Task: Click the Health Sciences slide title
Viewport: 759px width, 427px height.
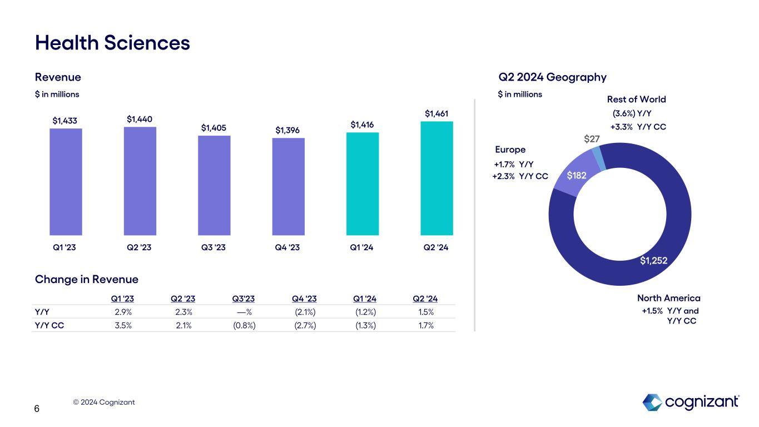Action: (112, 42)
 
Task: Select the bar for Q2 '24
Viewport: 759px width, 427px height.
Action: (436, 178)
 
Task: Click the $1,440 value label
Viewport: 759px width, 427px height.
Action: (140, 119)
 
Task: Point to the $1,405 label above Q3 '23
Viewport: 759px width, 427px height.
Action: (214, 128)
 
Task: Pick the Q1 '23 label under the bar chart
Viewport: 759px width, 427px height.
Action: (66, 248)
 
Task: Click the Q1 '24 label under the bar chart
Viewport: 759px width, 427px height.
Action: (363, 248)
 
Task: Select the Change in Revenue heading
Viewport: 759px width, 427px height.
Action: (87, 279)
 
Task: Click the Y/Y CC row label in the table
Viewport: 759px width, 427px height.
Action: (49, 326)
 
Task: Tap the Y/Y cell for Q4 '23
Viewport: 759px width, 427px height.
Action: (305, 312)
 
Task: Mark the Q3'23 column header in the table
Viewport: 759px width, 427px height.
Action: (243, 299)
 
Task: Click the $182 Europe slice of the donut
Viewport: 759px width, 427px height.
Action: (577, 176)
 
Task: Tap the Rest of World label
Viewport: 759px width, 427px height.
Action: (636, 100)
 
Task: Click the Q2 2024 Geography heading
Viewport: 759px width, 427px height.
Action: (552, 77)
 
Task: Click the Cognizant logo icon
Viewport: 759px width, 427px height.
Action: (652, 402)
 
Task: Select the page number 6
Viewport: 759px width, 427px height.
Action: (37, 409)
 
